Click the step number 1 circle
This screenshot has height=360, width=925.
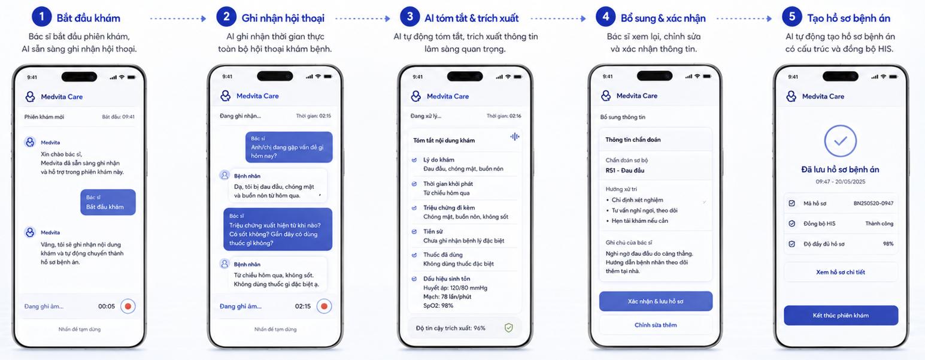coord(41,17)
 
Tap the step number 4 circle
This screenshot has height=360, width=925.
coord(605,17)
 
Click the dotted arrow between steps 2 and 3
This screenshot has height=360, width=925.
coord(363,19)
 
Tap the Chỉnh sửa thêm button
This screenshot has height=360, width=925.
coord(656,325)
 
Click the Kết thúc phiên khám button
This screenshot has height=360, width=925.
coord(841,315)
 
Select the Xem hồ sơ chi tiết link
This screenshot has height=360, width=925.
coord(841,273)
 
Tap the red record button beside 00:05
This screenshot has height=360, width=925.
coord(128,306)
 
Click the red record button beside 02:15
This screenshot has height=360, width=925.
coord(324,306)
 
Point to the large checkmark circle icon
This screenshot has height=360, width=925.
coord(841,141)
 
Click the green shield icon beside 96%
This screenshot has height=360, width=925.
coord(509,328)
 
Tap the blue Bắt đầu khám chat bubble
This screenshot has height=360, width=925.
coord(108,202)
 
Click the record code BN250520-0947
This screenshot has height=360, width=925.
coord(874,203)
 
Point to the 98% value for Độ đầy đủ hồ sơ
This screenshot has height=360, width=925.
coord(888,244)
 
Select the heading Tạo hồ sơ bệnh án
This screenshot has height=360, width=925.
coord(848,18)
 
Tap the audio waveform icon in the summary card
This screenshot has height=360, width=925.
coord(514,137)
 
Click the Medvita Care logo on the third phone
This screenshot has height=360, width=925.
coord(416,96)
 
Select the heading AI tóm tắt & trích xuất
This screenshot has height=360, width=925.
coord(472,18)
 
